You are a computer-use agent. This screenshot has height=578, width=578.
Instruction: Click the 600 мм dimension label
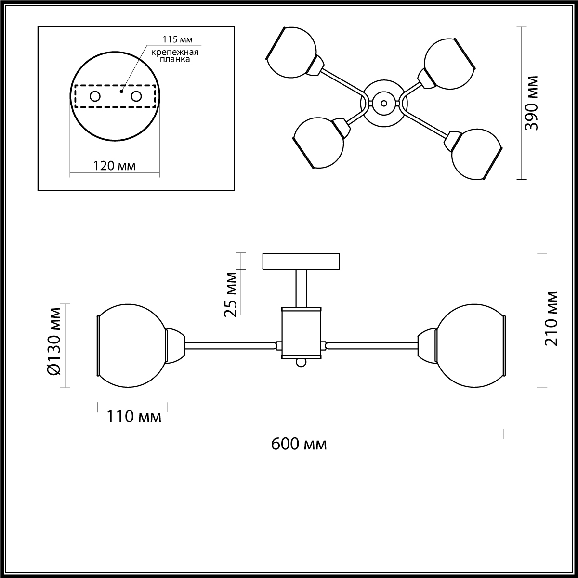[299, 444]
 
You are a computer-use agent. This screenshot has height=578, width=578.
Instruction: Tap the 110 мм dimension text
[134, 417]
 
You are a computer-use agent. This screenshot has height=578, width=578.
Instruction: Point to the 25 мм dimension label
[232, 294]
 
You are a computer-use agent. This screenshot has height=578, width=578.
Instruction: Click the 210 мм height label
[550, 319]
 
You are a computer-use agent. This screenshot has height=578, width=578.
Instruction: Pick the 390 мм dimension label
[531, 103]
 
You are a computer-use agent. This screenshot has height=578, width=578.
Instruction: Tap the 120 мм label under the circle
[115, 166]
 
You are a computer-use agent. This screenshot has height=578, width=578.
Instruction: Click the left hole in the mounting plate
[95, 96]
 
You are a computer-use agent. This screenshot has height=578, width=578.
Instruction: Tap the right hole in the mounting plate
[137, 96]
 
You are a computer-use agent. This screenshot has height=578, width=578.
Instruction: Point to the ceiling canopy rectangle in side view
[301, 262]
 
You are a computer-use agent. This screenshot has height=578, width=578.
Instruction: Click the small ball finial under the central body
[301, 363]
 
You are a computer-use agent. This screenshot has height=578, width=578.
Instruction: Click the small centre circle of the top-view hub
[384, 103]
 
